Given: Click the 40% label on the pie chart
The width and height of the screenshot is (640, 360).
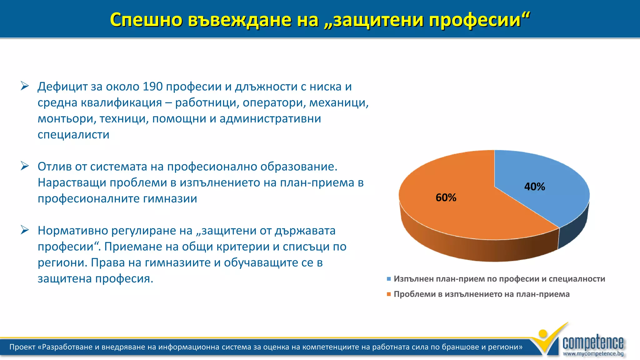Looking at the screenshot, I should pyautogui.click(x=534, y=187).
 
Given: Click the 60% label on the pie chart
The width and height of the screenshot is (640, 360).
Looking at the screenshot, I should pyautogui.click(x=446, y=197).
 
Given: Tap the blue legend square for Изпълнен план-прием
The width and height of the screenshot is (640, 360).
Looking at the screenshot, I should pyautogui.click(x=389, y=279).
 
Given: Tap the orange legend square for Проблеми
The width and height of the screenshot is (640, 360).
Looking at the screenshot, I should pyautogui.click(x=389, y=294).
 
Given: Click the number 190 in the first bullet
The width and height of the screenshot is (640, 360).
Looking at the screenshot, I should pyautogui.click(x=152, y=87).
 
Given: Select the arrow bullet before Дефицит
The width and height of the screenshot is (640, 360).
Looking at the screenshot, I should pyautogui.click(x=25, y=86).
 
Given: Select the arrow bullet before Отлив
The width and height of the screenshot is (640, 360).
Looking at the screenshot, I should pyautogui.click(x=25, y=166).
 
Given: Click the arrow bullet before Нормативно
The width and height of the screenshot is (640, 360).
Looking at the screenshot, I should pyautogui.click(x=25, y=230).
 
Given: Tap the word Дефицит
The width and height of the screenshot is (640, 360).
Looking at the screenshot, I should pyautogui.click(x=62, y=87).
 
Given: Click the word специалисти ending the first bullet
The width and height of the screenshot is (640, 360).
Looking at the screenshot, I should pyautogui.click(x=73, y=135).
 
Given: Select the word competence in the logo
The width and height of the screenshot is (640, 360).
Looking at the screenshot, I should pyautogui.click(x=593, y=343).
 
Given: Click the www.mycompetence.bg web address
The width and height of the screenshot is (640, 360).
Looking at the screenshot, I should pyautogui.click(x=593, y=354).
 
